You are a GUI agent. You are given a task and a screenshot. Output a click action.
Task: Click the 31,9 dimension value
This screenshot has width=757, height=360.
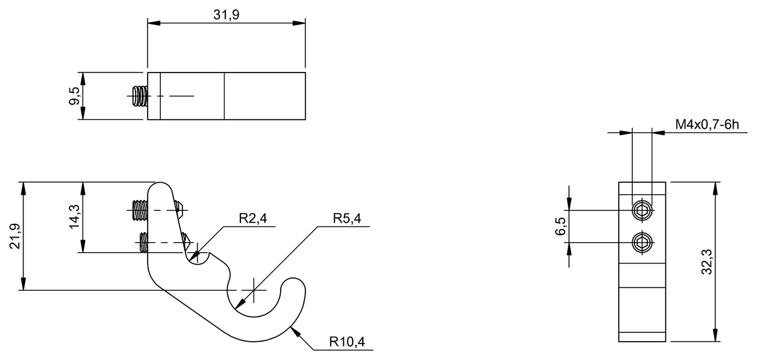click(x=226, y=15)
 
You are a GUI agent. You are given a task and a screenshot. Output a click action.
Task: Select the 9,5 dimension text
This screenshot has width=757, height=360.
click(x=74, y=96)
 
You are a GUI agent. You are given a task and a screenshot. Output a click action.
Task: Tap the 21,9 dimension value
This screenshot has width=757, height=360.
click(x=15, y=236)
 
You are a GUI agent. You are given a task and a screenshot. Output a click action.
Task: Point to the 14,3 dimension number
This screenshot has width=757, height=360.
click(x=74, y=217)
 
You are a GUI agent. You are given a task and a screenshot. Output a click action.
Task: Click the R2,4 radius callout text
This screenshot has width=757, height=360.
click(x=253, y=219)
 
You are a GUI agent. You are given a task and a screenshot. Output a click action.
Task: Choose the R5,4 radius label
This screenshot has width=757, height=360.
click(x=347, y=219)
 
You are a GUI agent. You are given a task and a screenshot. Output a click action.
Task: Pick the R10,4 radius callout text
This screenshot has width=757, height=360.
click(x=347, y=342)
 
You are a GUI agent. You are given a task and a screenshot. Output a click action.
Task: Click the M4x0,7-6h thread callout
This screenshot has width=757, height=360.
click(x=707, y=125)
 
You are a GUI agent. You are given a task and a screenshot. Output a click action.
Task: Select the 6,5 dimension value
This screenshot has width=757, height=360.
click(x=560, y=226)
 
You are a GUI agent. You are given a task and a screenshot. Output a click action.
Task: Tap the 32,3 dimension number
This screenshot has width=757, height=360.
click(x=707, y=262)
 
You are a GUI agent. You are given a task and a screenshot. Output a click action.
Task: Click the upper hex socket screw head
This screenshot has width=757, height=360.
click(x=642, y=211)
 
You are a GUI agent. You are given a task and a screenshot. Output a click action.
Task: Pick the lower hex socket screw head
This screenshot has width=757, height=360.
click(x=642, y=243)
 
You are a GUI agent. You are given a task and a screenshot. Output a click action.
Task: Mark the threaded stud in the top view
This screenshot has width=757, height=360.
click(x=140, y=96)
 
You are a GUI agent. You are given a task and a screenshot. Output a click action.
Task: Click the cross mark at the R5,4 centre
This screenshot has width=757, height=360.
click(x=254, y=290)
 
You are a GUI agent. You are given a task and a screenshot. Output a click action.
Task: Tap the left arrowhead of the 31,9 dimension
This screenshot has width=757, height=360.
click(x=154, y=23)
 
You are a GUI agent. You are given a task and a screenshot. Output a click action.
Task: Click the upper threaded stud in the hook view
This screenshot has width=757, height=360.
click(x=140, y=211)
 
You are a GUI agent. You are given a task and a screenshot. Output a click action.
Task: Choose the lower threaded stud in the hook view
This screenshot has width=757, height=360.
click(x=144, y=243)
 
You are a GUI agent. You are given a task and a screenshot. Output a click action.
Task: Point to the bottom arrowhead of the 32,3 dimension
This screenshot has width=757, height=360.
click(x=715, y=335)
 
